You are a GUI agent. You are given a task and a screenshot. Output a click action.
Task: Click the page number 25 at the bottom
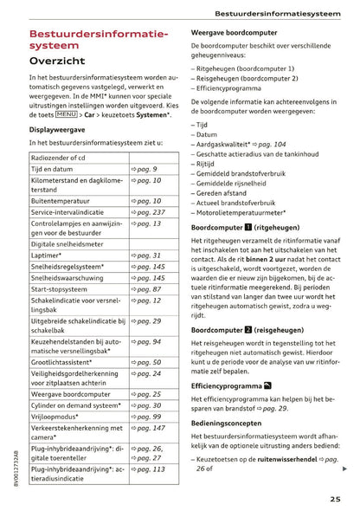(x=334, y=498)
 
